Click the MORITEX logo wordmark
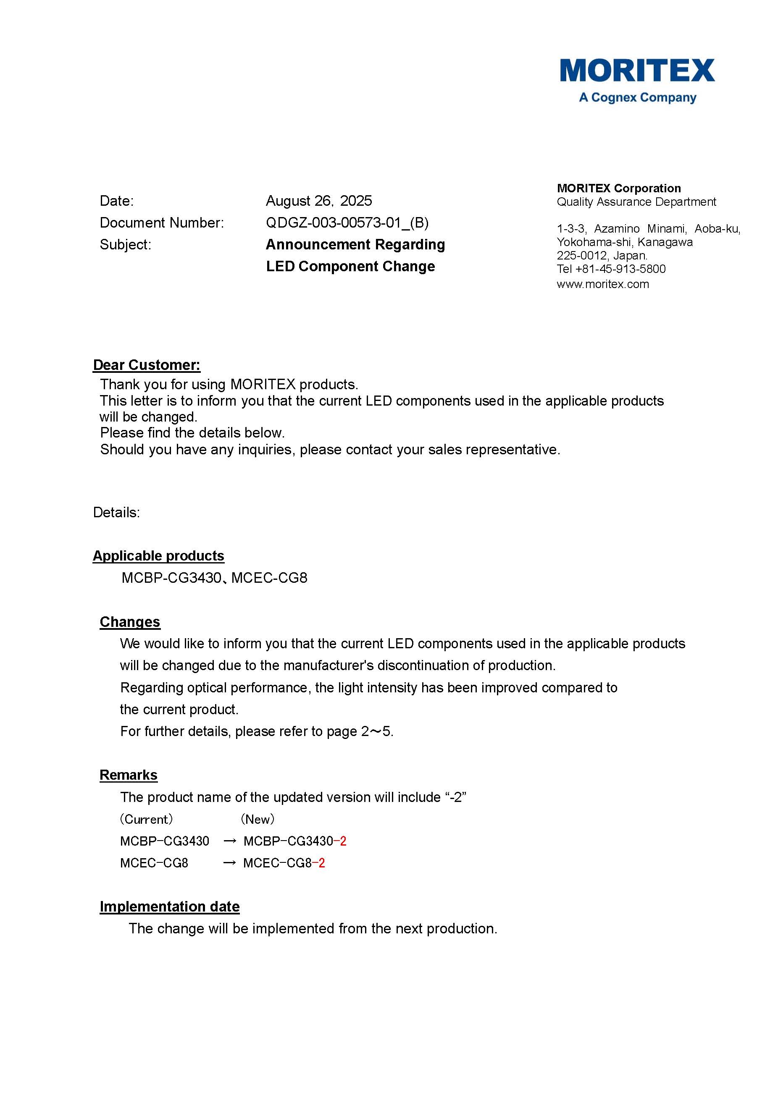pos(637,71)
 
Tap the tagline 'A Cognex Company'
pos(637,98)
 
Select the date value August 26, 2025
pos(318,201)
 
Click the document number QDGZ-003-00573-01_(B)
pos(347,223)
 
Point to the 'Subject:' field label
pos(125,245)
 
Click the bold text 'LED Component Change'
pos(350,266)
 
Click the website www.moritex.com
pos(603,284)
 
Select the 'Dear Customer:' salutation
pos(147,365)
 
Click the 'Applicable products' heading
pos(158,556)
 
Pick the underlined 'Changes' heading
pos(130,622)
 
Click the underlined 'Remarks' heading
pos(129,775)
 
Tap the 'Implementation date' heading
pos(170,907)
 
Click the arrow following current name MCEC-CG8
pos(229,863)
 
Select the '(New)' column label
pos(257,819)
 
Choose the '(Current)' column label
pos(146,819)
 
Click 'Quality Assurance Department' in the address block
pos(636,202)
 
